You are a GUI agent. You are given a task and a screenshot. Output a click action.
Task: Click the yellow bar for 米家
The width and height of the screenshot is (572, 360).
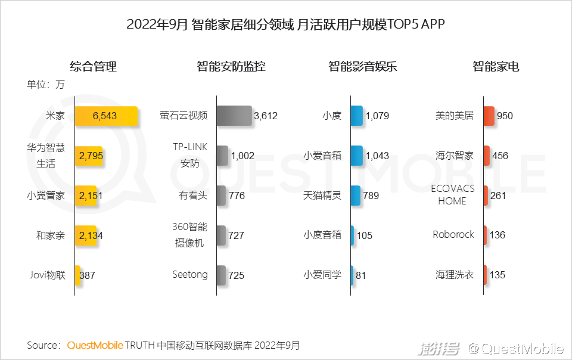point(106,116)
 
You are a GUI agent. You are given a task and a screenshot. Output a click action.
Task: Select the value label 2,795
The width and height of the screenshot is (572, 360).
point(91,156)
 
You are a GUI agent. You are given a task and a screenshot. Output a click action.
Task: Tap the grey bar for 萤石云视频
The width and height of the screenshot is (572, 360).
point(234,116)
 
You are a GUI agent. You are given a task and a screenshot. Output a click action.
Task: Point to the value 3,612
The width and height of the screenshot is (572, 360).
point(266,116)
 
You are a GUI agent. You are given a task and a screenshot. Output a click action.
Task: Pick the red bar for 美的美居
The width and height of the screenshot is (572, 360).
point(489,116)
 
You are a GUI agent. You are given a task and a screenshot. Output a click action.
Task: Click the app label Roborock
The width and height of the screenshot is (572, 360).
point(453,234)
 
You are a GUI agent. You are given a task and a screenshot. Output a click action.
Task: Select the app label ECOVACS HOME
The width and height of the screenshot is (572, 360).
point(452,195)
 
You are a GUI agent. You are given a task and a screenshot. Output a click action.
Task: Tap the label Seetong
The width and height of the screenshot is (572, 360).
point(190,275)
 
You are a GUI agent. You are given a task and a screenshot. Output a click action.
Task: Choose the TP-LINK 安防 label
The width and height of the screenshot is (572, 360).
point(190,156)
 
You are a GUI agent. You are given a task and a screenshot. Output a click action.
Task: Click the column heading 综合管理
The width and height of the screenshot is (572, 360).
point(93,66)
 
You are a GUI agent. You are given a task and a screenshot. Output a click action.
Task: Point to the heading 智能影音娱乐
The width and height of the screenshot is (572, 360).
point(362,66)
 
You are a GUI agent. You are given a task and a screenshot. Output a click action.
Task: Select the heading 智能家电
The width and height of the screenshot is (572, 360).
point(496,66)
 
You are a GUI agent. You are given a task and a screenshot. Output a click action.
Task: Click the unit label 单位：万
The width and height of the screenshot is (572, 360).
point(45,84)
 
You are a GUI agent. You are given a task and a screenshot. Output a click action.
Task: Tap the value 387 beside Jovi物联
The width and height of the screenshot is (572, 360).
point(87,275)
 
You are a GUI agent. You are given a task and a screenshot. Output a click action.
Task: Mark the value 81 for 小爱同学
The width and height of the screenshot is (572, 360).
point(360,275)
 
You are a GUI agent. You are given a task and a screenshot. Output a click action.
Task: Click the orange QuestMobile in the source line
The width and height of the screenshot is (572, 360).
point(95,345)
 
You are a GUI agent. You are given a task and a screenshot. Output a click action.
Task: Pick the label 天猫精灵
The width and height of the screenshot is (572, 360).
point(322,195)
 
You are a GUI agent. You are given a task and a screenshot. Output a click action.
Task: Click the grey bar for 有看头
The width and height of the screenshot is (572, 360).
point(221,195)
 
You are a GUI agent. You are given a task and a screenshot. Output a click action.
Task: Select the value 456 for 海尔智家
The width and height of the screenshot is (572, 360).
point(500,156)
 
